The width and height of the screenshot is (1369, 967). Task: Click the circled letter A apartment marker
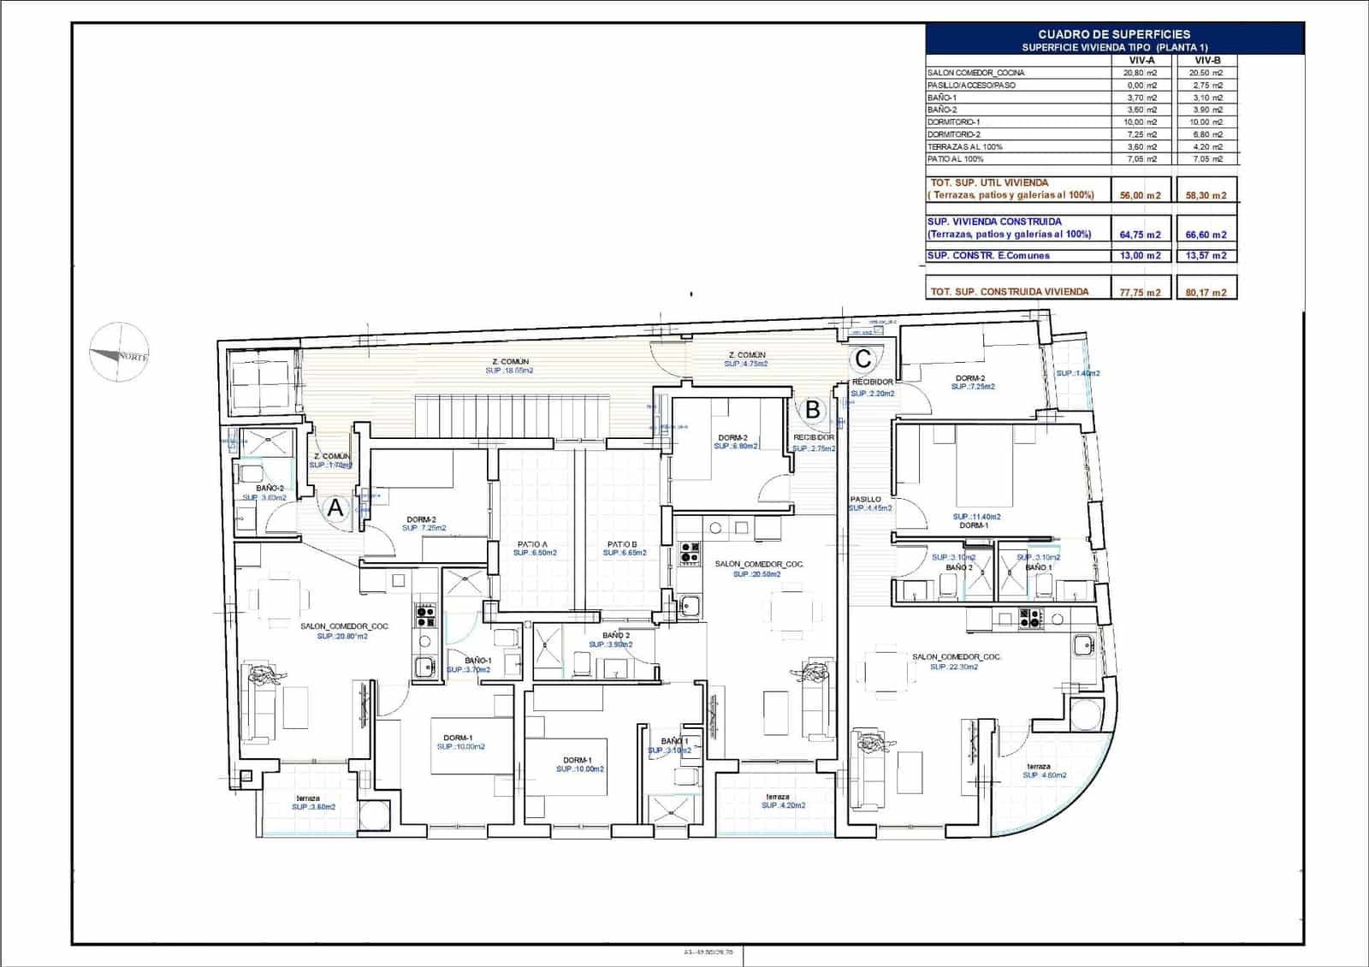pos(335,508)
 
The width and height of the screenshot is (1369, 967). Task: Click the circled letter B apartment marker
pos(812,410)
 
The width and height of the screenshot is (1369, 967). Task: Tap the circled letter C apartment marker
pos(863,358)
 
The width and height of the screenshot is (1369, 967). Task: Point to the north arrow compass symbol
pos(120,353)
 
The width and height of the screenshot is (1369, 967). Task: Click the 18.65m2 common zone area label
pos(509,367)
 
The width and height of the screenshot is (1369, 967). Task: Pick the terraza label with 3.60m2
pos(311,803)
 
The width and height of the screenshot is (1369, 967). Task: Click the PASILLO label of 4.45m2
pos(868,503)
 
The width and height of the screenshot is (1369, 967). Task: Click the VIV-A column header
pos(1141,61)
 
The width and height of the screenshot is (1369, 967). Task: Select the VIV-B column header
pos(1206,61)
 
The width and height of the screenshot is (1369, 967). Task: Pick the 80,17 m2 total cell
pos(1206,293)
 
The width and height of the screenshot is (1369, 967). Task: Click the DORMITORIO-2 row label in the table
pos(954,134)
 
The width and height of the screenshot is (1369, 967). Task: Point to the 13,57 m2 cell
pos(1206,256)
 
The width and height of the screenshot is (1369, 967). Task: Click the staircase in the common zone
pos(514,414)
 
